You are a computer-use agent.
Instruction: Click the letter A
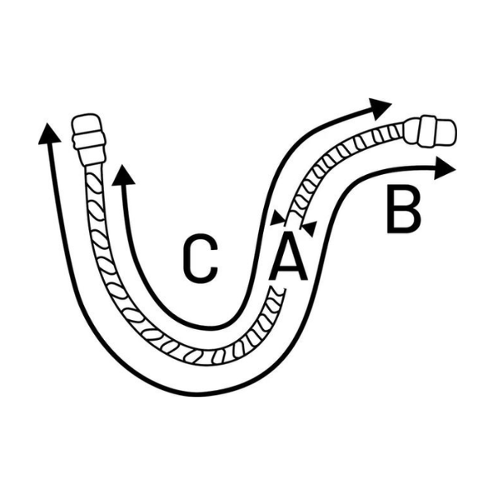[x=288, y=257]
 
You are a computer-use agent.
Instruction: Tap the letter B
[x=403, y=210]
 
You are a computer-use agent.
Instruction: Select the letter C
[x=200, y=258]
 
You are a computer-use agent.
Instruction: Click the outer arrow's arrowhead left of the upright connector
[x=49, y=134]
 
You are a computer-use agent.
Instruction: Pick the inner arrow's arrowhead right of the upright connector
[x=123, y=175]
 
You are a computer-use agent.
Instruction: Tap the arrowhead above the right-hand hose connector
[x=380, y=108]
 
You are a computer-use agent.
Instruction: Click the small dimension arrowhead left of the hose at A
[x=278, y=218]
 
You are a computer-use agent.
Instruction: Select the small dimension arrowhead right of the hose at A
[x=308, y=229]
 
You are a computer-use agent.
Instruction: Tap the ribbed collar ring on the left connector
[x=88, y=142]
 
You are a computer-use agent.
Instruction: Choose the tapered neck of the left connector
[x=93, y=156]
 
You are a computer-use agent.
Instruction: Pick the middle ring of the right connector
[x=427, y=131]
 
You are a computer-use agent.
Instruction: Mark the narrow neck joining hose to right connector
[x=412, y=130]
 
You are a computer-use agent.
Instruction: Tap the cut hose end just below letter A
[x=276, y=291]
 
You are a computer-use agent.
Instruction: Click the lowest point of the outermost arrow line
[x=196, y=394]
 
